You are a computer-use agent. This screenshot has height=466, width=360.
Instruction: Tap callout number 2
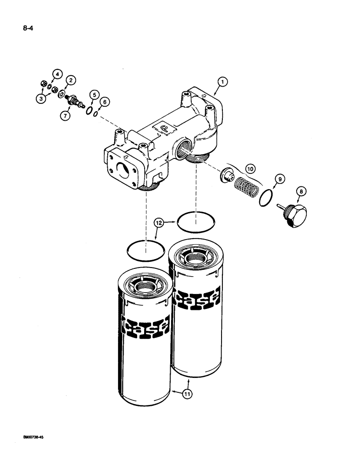(x=70, y=80)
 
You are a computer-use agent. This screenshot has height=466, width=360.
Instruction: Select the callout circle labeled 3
(x=42, y=98)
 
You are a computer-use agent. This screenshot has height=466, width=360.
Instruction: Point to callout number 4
(x=56, y=74)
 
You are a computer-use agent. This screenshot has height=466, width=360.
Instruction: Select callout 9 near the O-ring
(x=279, y=178)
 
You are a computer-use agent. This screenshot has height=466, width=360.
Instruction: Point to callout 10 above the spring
(x=250, y=167)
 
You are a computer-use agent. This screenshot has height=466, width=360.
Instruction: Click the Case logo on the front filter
(x=145, y=326)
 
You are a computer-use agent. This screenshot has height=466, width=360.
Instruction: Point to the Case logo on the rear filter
(x=196, y=297)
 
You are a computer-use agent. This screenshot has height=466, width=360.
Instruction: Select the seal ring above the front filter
(x=145, y=251)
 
